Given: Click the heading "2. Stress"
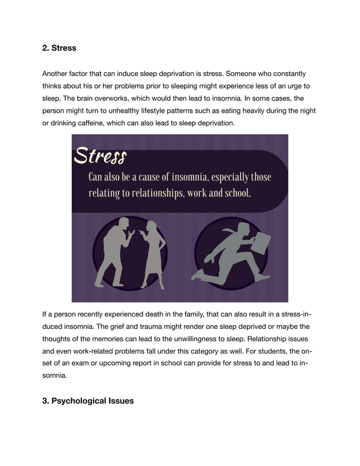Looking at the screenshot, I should tap(59, 48).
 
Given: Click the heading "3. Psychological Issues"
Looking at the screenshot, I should tap(88, 401).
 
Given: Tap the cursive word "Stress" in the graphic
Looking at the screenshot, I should tap(100, 155).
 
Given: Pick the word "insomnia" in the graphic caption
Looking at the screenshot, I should tap(188, 177).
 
